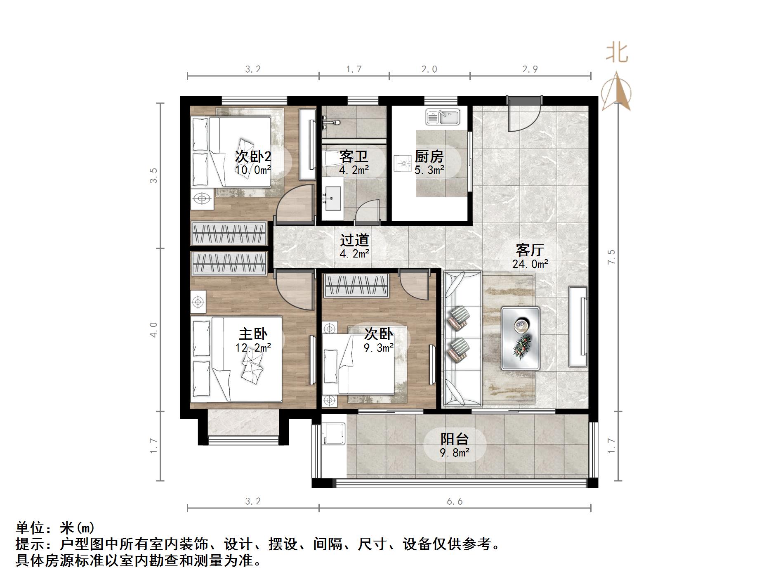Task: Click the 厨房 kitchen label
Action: (429, 156)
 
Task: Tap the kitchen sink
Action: (443, 117)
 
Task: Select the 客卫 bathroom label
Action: (354, 156)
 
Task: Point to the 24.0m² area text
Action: (530, 264)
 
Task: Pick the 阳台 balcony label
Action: (455, 439)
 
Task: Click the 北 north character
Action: (617, 53)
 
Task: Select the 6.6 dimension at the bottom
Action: (455, 501)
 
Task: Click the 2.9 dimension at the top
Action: (530, 69)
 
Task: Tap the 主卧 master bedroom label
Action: (253, 334)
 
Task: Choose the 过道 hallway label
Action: (354, 240)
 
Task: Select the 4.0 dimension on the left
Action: (153, 330)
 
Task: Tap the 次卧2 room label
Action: (253, 156)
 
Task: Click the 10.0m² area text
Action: (253, 170)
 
